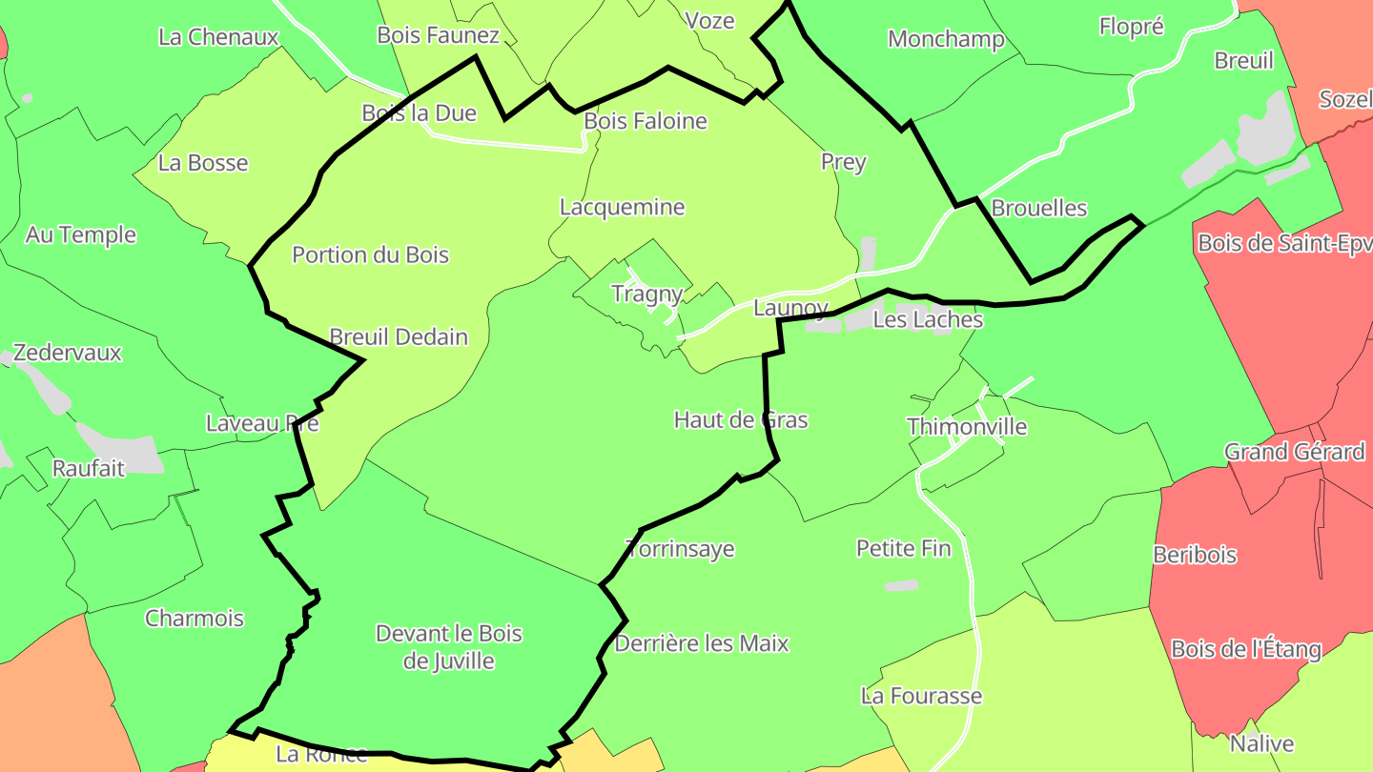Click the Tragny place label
(x=646, y=294)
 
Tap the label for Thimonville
(x=967, y=426)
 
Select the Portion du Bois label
(x=370, y=254)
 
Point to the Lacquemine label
(x=622, y=207)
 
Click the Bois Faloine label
(x=646, y=121)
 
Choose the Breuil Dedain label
(x=399, y=336)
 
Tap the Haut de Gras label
(x=741, y=419)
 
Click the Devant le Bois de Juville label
(x=448, y=647)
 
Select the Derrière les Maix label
(x=702, y=643)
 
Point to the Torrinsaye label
(x=680, y=549)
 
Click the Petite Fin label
(x=903, y=548)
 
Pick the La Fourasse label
(x=921, y=696)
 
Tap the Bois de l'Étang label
(x=1245, y=649)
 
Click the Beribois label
(x=1195, y=554)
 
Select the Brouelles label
(x=1039, y=208)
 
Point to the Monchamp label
(x=946, y=39)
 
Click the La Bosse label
(x=203, y=163)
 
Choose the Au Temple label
(x=81, y=234)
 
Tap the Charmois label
(x=195, y=619)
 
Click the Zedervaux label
(x=68, y=353)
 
